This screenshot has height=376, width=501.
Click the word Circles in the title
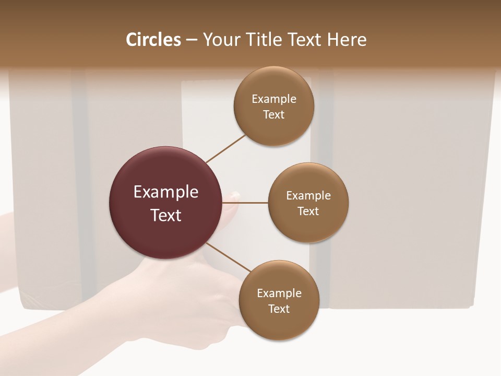pos(153,40)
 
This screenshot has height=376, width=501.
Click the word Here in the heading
pos(347,40)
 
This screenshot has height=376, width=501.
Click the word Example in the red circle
pos(166,192)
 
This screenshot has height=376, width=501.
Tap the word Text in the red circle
pos(166,215)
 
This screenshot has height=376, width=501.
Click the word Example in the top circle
pos(274,99)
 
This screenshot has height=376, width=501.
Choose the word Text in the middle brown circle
pos(308,211)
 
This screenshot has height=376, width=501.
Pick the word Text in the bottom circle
pos(279,309)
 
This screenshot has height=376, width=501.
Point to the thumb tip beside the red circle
pos(234,196)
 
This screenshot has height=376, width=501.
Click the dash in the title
pos(192,40)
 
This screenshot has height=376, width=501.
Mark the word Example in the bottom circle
pos(279,293)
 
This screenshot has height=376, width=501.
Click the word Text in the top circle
pos(273,115)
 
